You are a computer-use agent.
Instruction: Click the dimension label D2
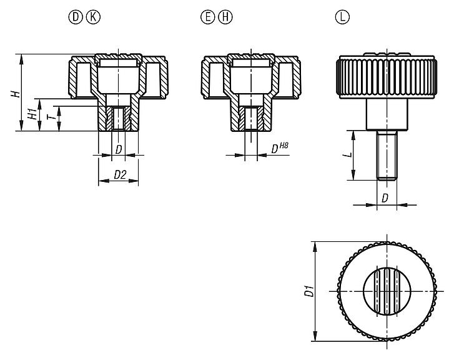tap(119, 176)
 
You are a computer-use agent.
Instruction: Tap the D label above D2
tap(119, 149)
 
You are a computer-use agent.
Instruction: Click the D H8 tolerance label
tap(279, 149)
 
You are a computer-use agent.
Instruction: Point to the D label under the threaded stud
tap(387, 199)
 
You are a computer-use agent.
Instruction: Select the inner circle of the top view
tap(387, 291)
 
